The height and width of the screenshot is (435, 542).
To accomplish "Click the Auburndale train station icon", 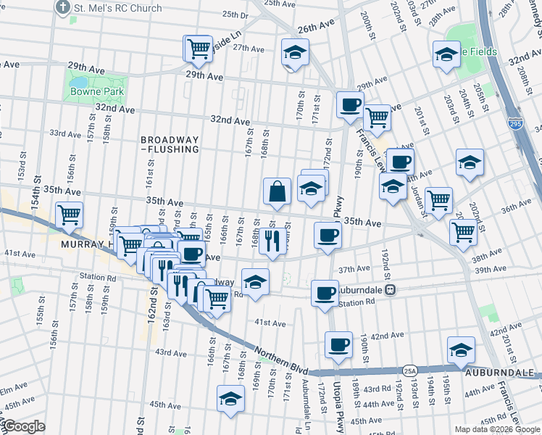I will pos(390,290).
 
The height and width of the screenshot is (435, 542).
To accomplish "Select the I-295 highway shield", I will pos(514,124).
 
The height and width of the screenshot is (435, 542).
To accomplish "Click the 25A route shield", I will pos(410,370).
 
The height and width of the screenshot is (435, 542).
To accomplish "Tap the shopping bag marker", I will pos(278,192).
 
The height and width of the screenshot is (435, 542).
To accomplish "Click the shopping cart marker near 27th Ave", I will pos(199,49).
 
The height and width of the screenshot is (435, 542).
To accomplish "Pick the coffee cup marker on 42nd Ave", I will pos(338,346).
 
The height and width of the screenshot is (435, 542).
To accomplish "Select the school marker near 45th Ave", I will pos(231,399).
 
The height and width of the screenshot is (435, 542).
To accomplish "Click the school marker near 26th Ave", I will pos(295,53).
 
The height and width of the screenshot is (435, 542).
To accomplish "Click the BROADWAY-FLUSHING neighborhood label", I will pos(170,144).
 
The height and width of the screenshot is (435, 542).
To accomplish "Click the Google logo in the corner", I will pos(23,427).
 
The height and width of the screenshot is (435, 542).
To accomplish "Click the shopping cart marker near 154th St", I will pos(70,215).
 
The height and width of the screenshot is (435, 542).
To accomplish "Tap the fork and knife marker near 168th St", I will pos(272,240).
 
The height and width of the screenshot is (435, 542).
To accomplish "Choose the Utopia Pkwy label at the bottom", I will pos(337,406).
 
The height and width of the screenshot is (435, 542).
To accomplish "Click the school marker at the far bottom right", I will pos(462,350).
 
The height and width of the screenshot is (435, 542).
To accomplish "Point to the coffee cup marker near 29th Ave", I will pos(351,104).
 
